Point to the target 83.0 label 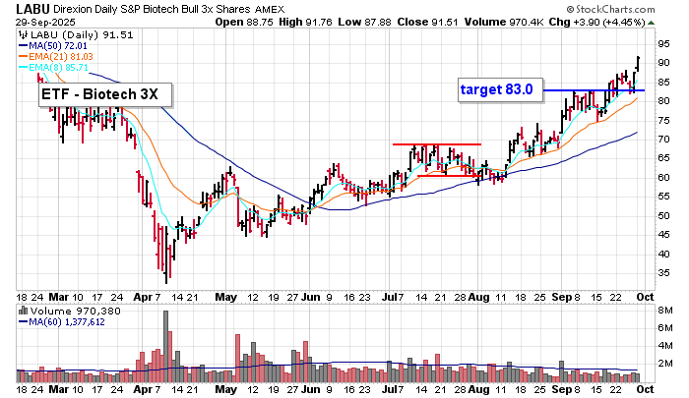(x=497, y=89)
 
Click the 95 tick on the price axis (x=664, y=44)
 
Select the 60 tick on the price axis (x=664, y=178)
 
